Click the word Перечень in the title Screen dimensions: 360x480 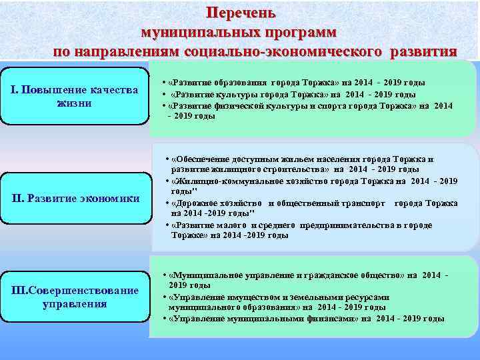click(239, 13)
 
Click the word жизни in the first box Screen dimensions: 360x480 click(75, 103)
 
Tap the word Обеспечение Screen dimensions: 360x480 click(203, 159)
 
